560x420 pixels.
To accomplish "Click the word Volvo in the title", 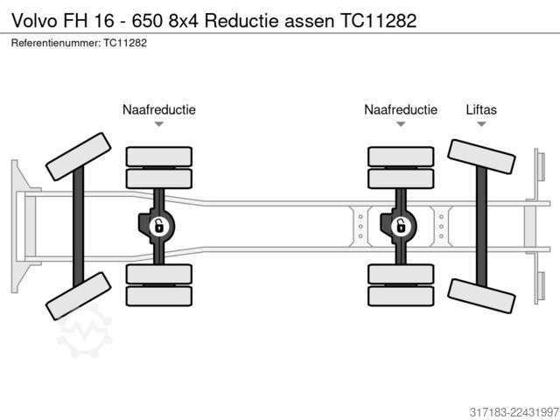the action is pyautogui.click(x=35, y=20).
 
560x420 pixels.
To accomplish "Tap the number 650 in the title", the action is pyautogui.click(x=147, y=20).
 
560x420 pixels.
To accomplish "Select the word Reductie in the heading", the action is pyautogui.click(x=241, y=20).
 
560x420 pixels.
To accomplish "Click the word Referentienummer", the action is pyautogui.click(x=56, y=43).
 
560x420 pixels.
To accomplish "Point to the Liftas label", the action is pyautogui.click(x=481, y=109).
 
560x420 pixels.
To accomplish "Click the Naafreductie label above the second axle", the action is pyautogui.click(x=159, y=109).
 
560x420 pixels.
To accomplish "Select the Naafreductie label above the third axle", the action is pyautogui.click(x=401, y=109).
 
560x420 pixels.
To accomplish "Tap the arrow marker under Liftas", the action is pyautogui.click(x=481, y=124).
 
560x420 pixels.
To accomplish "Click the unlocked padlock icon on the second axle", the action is pyautogui.click(x=158, y=226).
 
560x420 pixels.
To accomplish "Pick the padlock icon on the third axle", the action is pyautogui.click(x=401, y=226).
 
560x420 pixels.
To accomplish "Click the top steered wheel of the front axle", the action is pyautogui.click(x=79, y=157).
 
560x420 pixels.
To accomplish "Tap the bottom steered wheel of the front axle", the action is pyautogui.click(x=79, y=296).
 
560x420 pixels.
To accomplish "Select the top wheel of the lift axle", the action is pyautogui.click(x=481, y=157).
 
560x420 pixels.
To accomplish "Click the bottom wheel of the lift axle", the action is pyautogui.click(x=481, y=296).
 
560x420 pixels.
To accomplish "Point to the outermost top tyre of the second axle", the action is pyautogui.click(x=159, y=157).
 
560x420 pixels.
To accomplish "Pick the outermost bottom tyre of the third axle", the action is pyautogui.click(x=401, y=296).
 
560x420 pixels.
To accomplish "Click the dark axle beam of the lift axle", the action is pyautogui.click(x=481, y=227).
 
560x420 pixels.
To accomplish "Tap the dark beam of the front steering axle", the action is pyautogui.click(x=79, y=227).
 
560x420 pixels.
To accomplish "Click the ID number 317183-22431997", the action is pyautogui.click(x=514, y=412).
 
